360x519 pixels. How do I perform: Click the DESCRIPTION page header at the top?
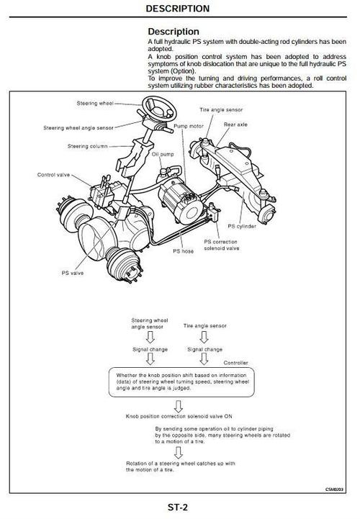pos(178,9)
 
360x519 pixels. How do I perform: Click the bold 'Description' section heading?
pos(174,32)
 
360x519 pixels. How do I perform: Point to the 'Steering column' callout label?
pos(88,146)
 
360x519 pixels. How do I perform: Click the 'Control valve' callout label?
pos(54,174)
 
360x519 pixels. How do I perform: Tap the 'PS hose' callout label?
pos(183,252)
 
